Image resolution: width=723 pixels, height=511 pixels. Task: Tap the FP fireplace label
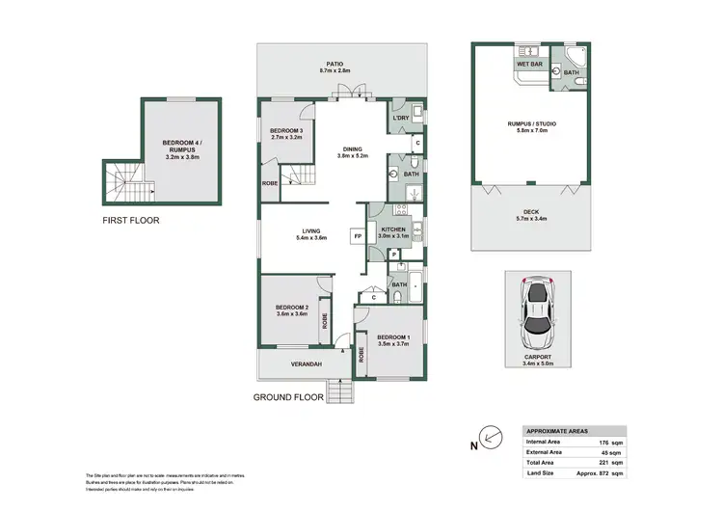pyautogui.click(x=357, y=236)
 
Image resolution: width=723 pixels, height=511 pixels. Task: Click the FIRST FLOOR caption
pyautogui.click(x=131, y=221)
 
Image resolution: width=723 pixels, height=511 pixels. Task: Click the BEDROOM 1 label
pyautogui.click(x=393, y=336)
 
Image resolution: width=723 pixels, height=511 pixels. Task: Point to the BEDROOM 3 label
pyautogui.click(x=287, y=131)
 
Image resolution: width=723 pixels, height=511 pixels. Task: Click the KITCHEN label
pyautogui.click(x=393, y=229)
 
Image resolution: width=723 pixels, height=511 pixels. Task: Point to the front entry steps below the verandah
pyautogui.click(x=341, y=391)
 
